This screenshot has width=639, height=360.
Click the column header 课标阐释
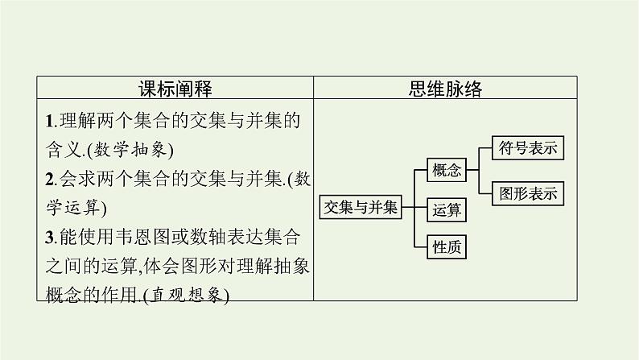pyautogui.click(x=175, y=89)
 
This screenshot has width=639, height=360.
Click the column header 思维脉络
pyautogui.click(x=444, y=89)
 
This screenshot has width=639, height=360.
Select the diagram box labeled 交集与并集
pyautogui.click(x=359, y=207)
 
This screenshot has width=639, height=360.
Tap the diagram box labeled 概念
pyautogui.click(x=447, y=170)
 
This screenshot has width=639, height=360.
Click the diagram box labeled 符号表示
pyautogui.click(x=529, y=148)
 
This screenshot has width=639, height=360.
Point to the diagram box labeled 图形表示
pyautogui.click(x=529, y=192)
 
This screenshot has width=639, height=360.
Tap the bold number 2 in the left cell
pyautogui.click(x=49, y=180)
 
